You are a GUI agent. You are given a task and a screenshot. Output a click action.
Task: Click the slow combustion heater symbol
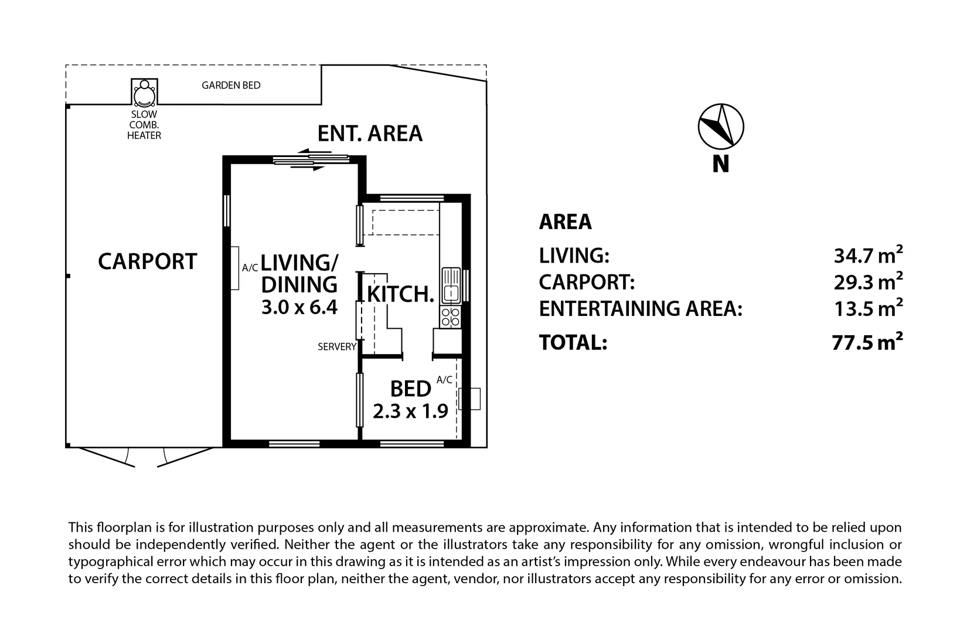tap(144, 93)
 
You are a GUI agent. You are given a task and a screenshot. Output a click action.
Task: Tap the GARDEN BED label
tap(231, 86)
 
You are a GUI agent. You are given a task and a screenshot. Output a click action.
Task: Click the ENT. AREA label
tap(370, 134)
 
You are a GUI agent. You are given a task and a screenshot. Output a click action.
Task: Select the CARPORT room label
tap(147, 261)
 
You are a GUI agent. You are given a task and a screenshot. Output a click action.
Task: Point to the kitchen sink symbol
tap(451, 285)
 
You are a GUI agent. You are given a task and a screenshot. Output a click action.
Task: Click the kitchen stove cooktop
tap(451, 317)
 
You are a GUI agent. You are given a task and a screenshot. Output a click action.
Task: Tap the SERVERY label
tap(337, 347)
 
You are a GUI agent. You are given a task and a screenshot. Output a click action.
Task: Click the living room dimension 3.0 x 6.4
tap(299, 307)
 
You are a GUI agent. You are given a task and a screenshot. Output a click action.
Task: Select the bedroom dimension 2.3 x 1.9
tap(410, 411)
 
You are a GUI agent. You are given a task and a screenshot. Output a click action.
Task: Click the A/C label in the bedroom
tap(444, 380)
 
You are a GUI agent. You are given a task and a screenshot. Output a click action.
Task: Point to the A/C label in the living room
tap(250, 268)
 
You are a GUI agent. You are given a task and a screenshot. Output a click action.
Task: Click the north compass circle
tap(721, 126)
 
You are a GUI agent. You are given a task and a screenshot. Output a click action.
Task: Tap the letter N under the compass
tap(721, 164)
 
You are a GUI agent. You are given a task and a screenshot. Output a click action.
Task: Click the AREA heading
tap(565, 222)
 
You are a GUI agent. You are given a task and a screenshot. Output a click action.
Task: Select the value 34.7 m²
tap(867, 256)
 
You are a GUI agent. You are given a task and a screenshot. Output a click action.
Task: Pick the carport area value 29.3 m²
tap(867, 282)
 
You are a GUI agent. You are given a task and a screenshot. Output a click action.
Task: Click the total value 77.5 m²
tap(867, 342)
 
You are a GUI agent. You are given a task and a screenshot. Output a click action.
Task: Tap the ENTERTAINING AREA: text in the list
tap(641, 309)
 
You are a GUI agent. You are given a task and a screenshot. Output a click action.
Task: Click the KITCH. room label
tap(401, 294)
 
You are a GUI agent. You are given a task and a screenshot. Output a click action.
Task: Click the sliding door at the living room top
tap(311, 160)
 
